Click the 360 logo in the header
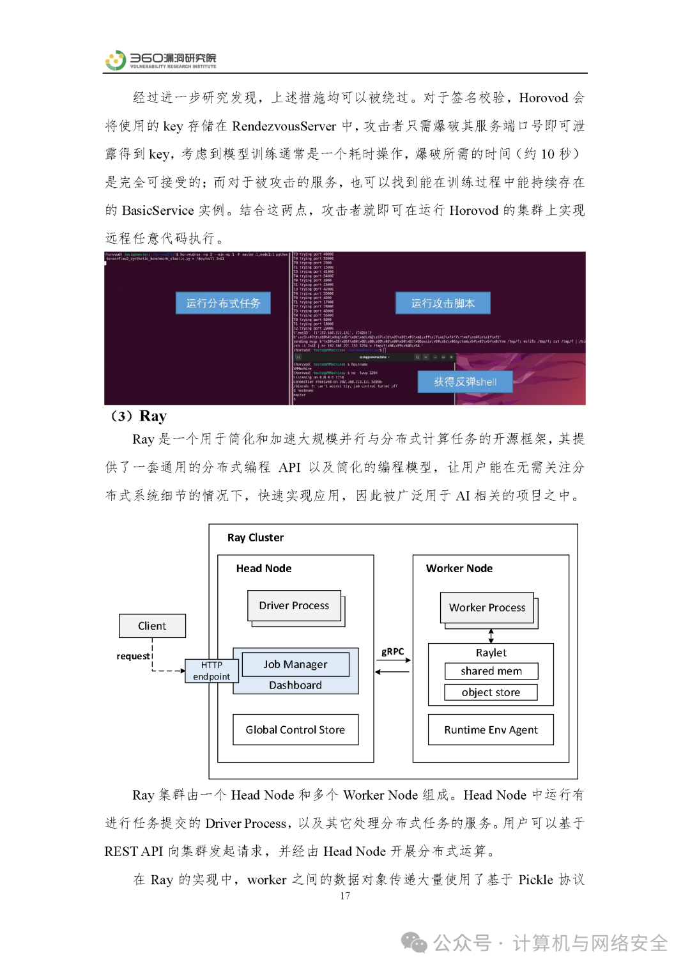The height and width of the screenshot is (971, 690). pos(116,60)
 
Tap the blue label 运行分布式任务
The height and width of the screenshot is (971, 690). pos(223,303)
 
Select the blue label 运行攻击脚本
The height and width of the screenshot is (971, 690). pos(443,303)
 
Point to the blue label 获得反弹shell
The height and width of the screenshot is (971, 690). pos(465,382)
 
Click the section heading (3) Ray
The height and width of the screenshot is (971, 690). pos(139,416)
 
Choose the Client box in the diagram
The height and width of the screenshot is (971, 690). pos(152,626)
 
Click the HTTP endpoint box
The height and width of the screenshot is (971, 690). pos(211,671)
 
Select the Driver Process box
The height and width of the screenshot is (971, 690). pos(294,605)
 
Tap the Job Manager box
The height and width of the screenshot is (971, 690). pos(295,664)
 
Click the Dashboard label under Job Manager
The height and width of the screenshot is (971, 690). pos(295,685)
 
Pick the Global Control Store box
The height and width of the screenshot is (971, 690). pos(295,729)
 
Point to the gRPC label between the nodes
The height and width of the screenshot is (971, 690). pos(393,651)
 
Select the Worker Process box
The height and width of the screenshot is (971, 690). pos(487,607)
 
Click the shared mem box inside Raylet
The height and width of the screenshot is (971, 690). pos(491,671)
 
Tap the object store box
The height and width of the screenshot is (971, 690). pos(491,692)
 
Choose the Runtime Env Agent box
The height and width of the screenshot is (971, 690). pos(491,729)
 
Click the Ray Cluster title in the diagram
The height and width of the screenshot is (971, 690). pos(256,538)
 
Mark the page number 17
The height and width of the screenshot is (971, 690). pos(345,896)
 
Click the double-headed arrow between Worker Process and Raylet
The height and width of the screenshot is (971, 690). pos(491,635)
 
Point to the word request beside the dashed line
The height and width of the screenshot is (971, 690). pos(133,656)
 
